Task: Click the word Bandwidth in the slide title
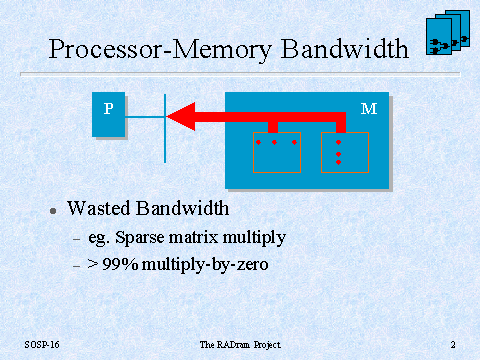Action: tap(345, 49)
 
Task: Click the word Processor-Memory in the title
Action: tap(160, 50)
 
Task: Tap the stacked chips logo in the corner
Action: tap(448, 32)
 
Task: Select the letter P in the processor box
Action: tap(108, 109)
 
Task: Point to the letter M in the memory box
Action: tap(369, 109)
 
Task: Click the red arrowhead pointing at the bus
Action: tap(181, 116)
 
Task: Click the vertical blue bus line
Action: tap(165, 128)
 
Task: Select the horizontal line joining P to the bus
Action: tap(144, 117)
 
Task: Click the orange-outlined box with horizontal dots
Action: tap(277, 133)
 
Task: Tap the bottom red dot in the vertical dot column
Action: tap(338, 162)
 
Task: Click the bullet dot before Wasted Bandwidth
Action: tap(53, 211)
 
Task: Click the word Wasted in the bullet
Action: tap(98, 208)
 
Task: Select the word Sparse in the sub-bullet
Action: tap(140, 239)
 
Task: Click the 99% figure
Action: tap(120, 264)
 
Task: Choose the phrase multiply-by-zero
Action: tap(205, 265)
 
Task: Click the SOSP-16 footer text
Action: tap(42, 345)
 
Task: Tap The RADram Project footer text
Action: tap(240, 345)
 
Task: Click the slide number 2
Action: tap(453, 345)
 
